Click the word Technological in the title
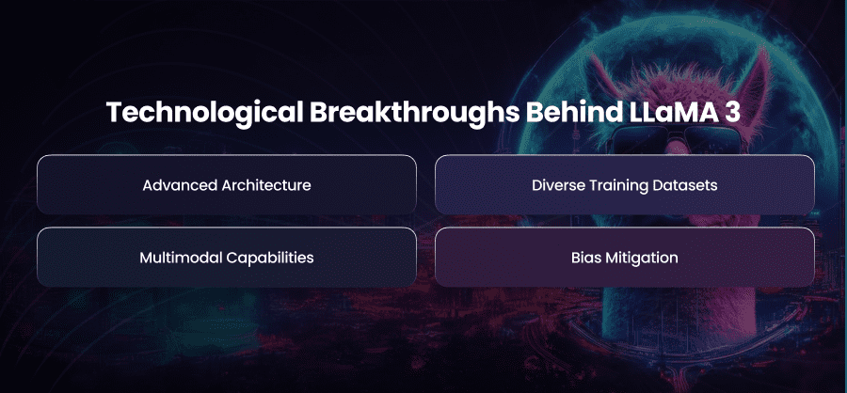tap(204, 114)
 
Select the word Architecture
tap(266, 185)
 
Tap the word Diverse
tap(554, 185)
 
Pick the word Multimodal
tap(181, 257)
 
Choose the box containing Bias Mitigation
tap(625, 257)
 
